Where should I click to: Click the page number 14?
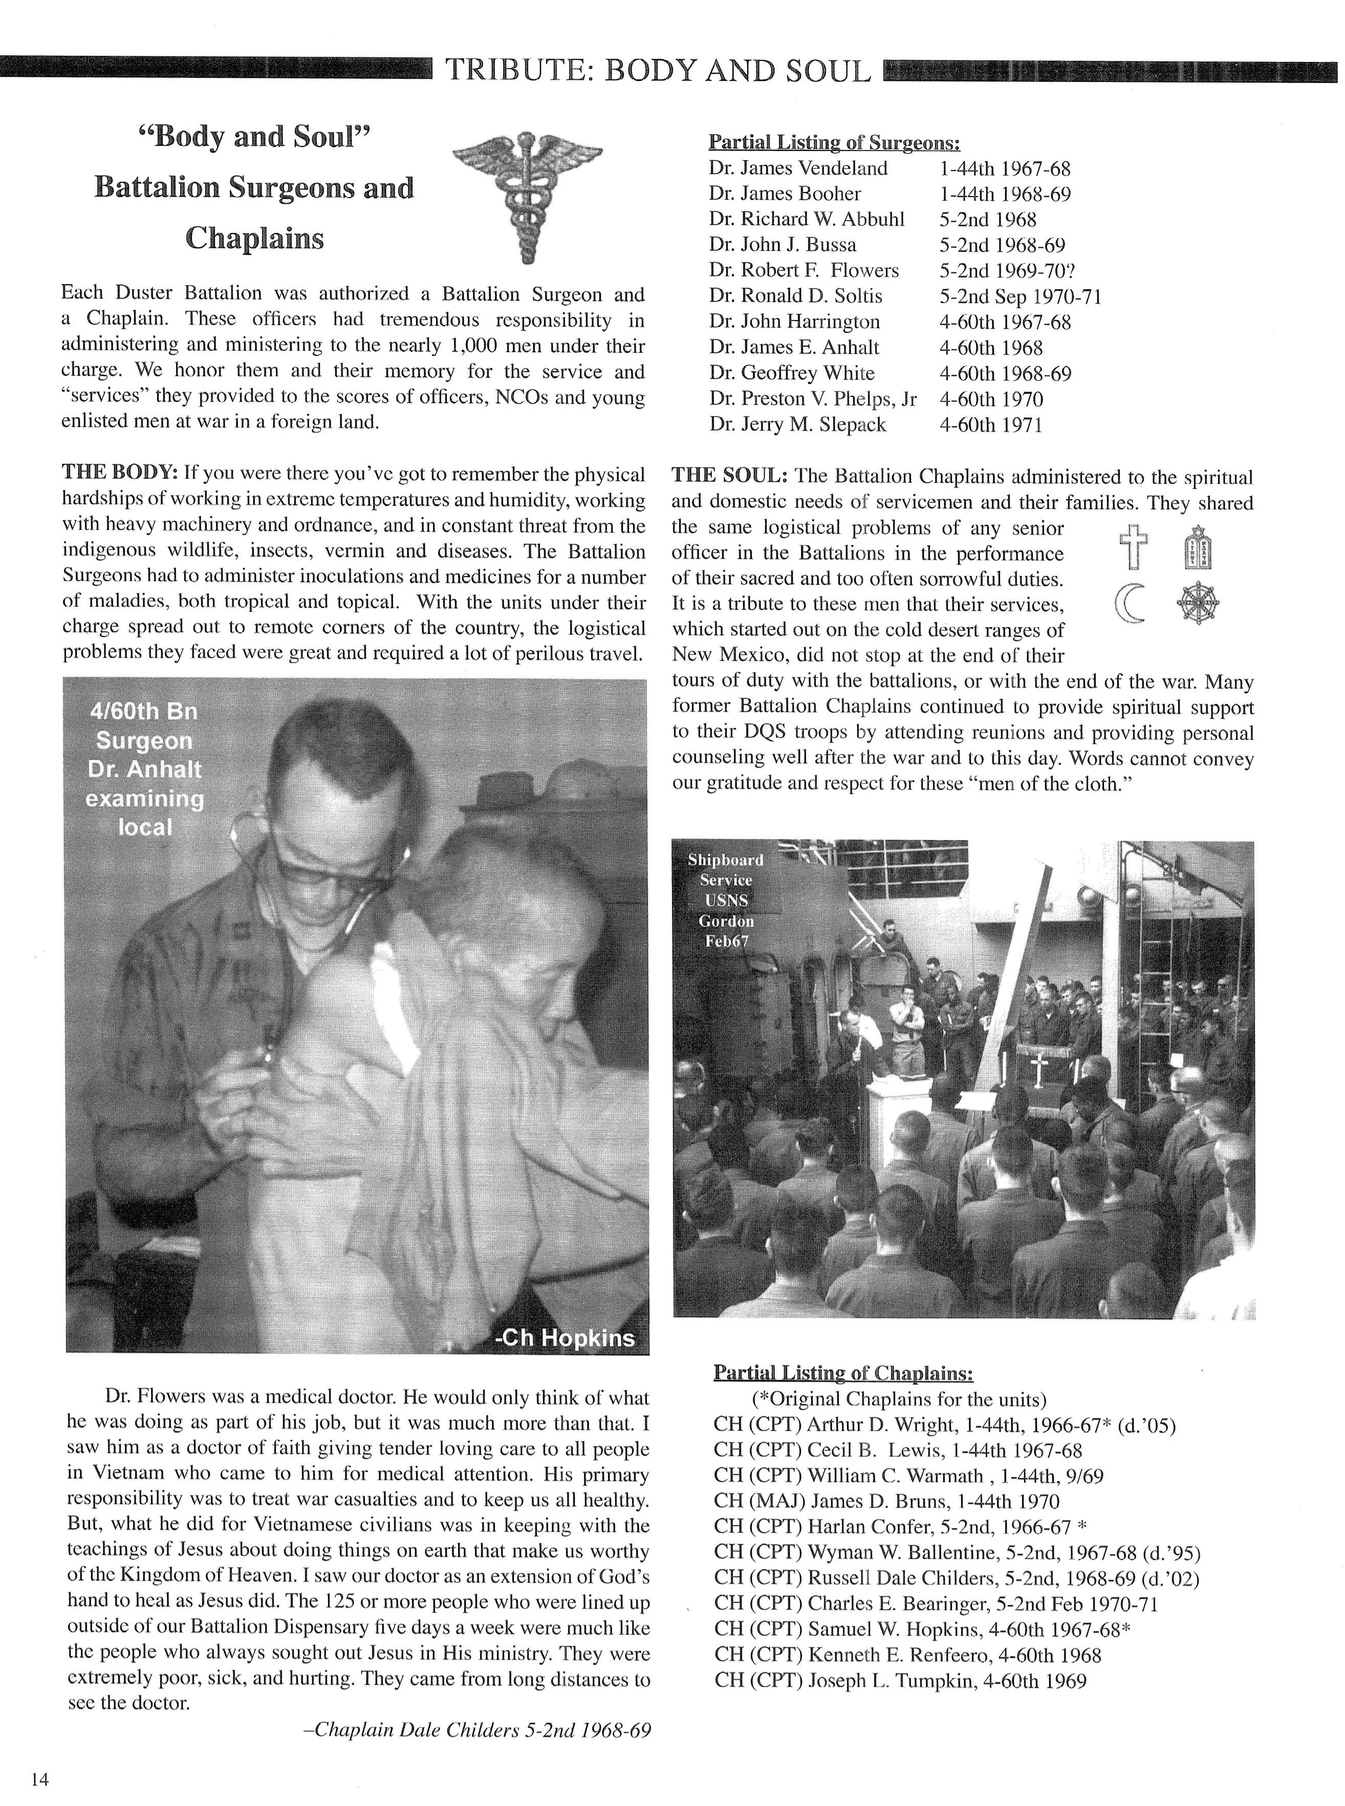[39, 1780]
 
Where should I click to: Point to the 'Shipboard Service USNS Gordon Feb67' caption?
[725, 900]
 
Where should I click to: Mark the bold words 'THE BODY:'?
[120, 473]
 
